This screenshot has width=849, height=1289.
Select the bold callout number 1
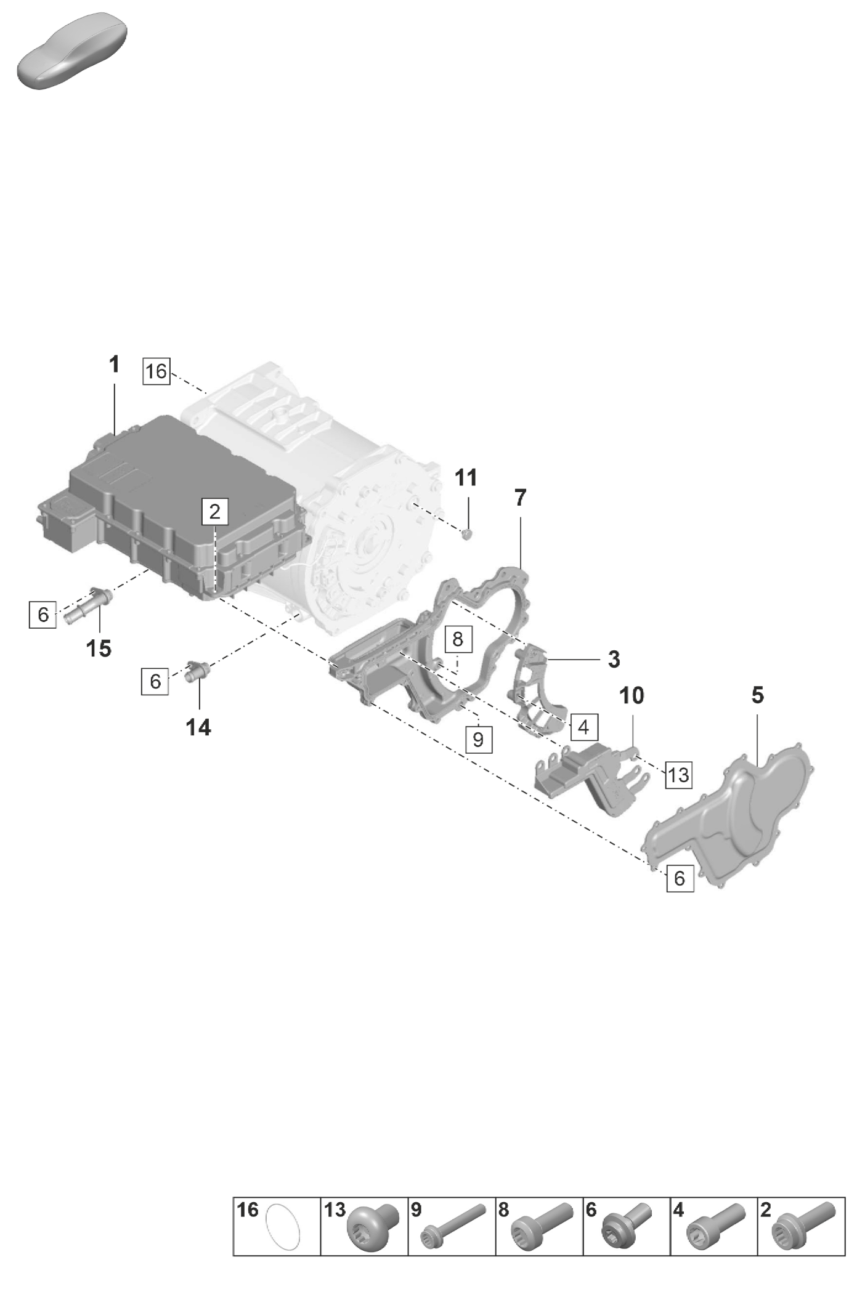(114, 365)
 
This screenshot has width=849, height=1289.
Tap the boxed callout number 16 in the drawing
(156, 371)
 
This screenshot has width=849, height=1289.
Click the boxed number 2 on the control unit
(215, 511)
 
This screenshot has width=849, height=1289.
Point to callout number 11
(466, 477)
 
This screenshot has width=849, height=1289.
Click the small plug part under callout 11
(466, 533)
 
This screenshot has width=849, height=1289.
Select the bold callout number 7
(521, 498)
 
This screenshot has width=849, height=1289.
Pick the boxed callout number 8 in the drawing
(458, 639)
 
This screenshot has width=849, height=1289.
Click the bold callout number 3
(614, 659)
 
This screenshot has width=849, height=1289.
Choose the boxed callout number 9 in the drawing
(479, 738)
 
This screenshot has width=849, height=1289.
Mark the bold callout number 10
(632, 695)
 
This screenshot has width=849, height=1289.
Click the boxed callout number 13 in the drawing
(678, 774)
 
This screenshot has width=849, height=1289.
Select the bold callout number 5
(758, 695)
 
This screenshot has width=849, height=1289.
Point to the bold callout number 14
(198, 727)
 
